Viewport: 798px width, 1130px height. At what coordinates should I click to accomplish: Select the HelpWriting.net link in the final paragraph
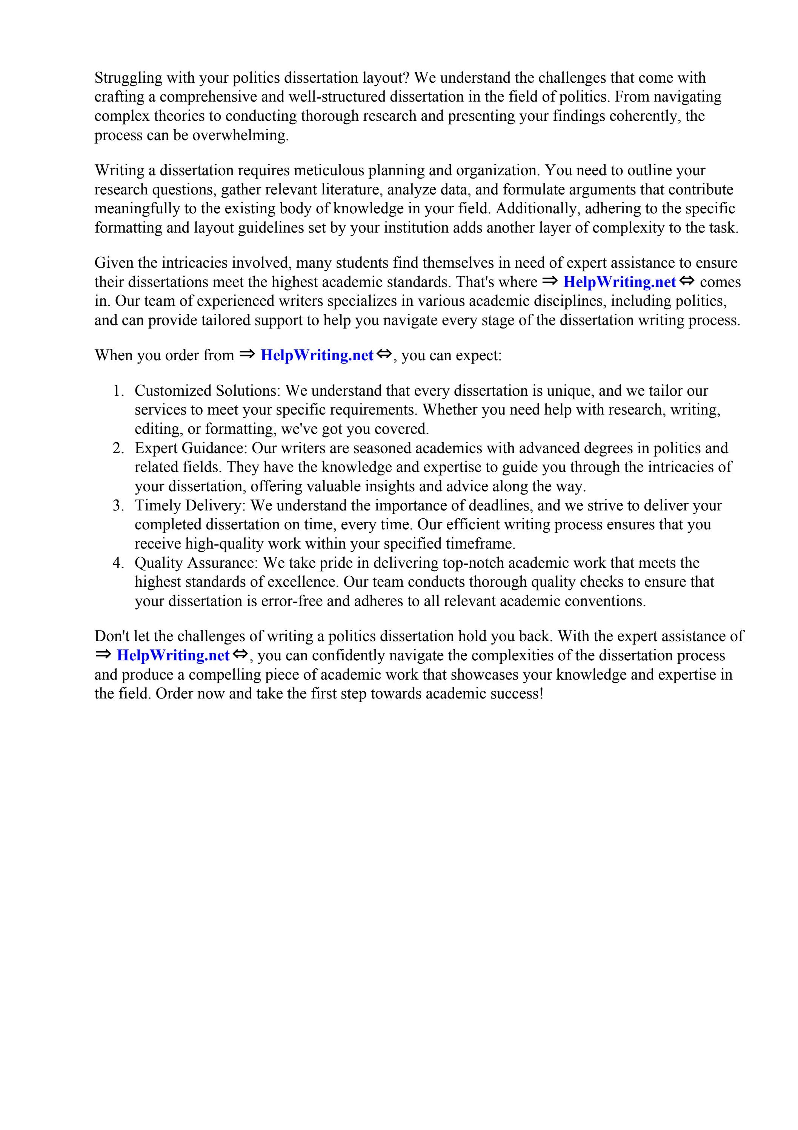[173, 655]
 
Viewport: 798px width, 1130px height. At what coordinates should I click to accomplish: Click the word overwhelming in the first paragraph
[240, 136]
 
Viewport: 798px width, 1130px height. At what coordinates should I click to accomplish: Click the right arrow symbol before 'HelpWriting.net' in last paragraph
[103, 655]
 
